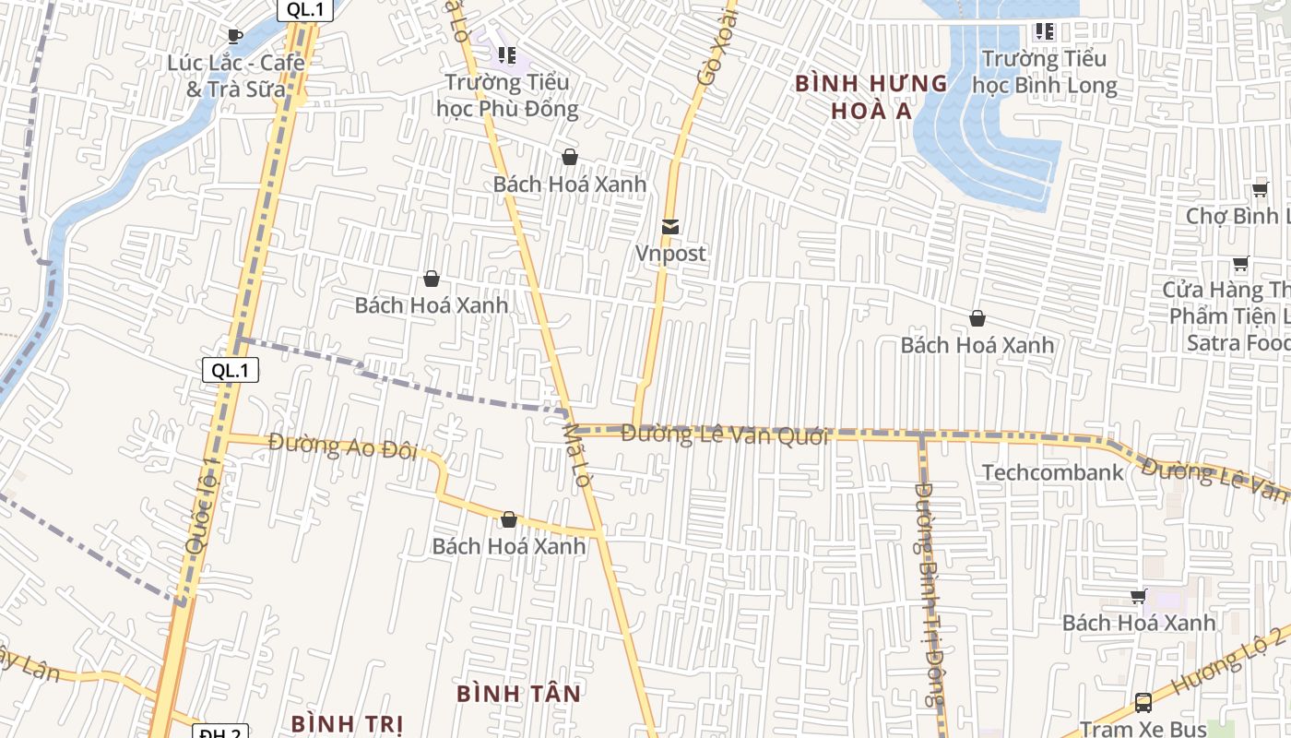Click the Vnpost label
670,253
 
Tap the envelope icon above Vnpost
670,226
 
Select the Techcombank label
1052,472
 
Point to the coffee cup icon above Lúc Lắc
234,36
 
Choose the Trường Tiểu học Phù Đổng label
507,95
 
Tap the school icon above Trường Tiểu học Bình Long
1044,31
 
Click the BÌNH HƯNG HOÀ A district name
871,97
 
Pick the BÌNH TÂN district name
519,693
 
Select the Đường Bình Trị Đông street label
930,595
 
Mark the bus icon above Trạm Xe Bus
1143,702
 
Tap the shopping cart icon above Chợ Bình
1260,190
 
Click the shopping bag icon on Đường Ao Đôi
508,519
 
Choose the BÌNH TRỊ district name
347,722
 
